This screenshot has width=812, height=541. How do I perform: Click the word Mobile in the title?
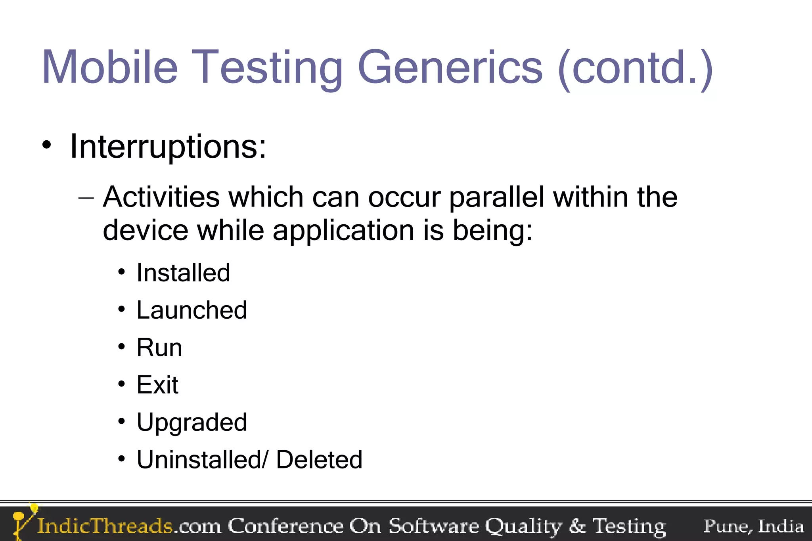click(110, 67)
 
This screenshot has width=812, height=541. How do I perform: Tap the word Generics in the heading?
click(450, 67)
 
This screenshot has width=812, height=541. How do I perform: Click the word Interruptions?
click(168, 147)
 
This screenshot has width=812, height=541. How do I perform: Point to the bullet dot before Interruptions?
click(47, 145)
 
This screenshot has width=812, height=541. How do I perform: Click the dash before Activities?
click(86, 197)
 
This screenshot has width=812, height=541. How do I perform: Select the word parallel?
click(496, 197)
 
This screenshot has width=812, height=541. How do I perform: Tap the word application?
click(343, 231)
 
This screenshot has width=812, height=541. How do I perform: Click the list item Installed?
click(183, 273)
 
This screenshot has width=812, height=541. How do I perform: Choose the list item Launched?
click(192, 310)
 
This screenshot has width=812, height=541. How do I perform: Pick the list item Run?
click(159, 348)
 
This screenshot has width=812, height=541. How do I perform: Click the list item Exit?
click(157, 385)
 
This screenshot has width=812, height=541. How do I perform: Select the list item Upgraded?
click(192, 422)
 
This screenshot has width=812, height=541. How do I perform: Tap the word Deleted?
click(319, 460)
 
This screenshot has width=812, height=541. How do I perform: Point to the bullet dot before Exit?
click(122, 384)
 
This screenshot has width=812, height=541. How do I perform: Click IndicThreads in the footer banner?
click(105, 526)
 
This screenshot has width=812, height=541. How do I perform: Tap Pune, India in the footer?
click(753, 526)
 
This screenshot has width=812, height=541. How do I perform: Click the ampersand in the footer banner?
click(577, 526)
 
